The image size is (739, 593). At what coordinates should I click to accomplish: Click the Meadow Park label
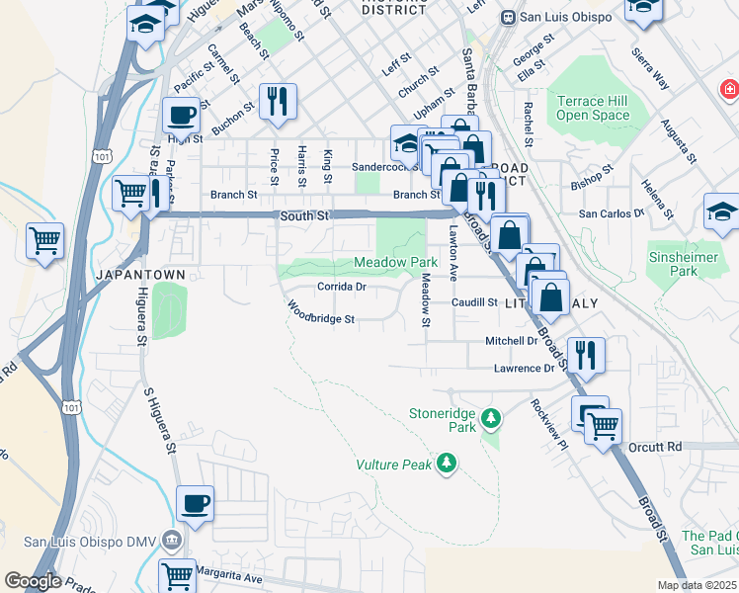click(x=395, y=262)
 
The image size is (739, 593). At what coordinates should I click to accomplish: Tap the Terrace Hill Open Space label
click(x=593, y=108)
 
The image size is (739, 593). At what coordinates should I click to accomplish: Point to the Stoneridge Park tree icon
click(x=490, y=421)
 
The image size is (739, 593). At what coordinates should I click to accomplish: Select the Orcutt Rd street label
click(x=655, y=447)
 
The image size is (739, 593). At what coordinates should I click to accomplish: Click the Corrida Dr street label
click(x=342, y=287)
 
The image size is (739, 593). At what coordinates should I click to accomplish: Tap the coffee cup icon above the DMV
click(x=195, y=503)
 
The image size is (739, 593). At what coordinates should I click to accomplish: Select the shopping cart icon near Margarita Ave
click(x=177, y=575)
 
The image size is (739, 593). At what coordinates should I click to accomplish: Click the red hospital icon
click(x=729, y=90)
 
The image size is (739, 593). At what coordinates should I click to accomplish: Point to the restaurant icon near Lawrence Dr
click(x=587, y=353)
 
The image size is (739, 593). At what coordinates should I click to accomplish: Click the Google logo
click(x=33, y=580)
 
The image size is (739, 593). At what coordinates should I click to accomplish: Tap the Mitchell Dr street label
click(x=511, y=340)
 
